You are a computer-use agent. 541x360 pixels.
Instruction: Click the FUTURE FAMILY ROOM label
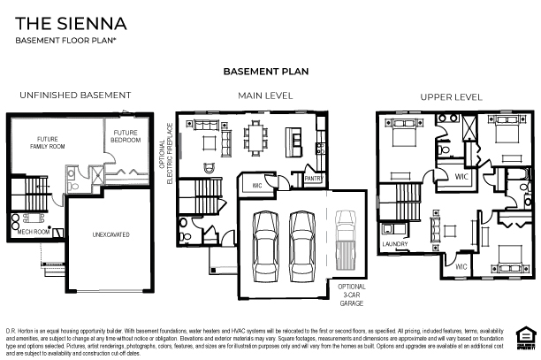click(47, 143)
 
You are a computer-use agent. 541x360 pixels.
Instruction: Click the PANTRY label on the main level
click(311, 179)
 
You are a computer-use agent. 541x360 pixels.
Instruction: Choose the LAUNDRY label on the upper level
click(394, 243)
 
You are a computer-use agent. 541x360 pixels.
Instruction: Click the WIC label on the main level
click(257, 185)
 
